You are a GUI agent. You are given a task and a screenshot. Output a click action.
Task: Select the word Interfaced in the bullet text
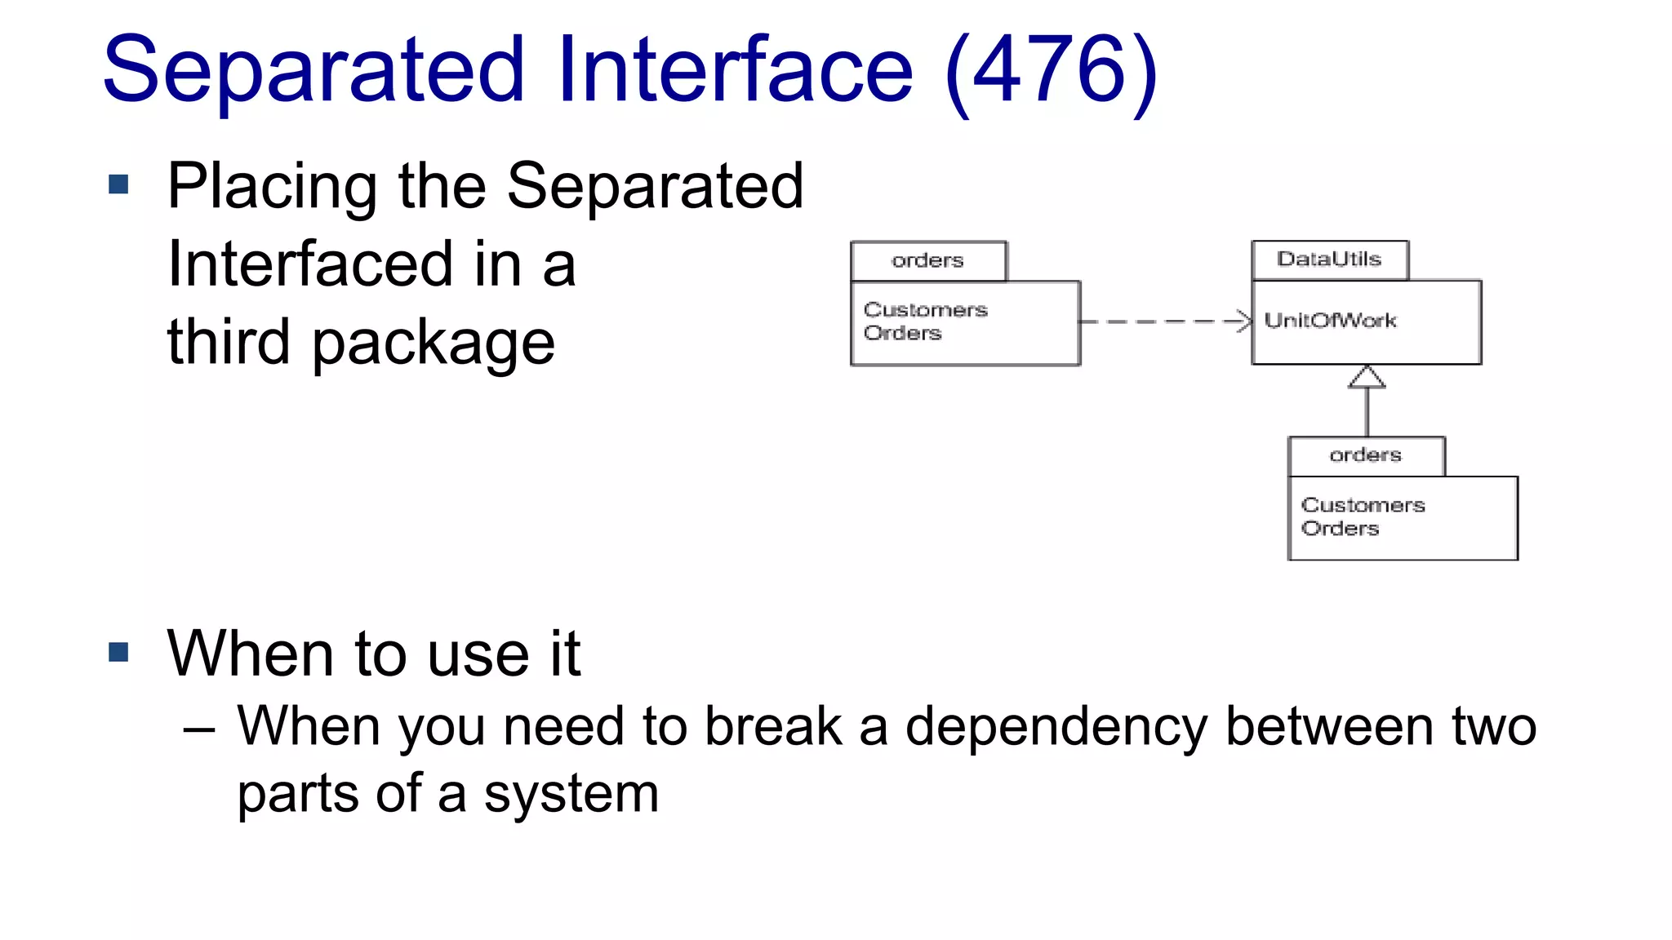coord(310,264)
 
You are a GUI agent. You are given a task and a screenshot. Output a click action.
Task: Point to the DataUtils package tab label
coord(1328,259)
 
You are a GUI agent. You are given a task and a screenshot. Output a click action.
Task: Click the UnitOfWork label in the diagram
coord(1330,321)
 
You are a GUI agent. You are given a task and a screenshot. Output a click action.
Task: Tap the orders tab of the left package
coord(927,261)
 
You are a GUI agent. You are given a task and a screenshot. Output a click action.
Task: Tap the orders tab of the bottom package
coord(1365,455)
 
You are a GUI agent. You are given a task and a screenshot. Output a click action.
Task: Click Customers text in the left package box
coord(925,310)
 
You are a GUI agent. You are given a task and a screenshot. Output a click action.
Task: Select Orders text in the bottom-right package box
coord(1340,529)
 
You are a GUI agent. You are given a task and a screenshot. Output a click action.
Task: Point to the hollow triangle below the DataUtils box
coord(1367,378)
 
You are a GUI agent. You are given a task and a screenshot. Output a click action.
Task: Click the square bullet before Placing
coord(119,184)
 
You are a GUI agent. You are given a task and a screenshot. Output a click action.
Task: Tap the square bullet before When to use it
coord(119,652)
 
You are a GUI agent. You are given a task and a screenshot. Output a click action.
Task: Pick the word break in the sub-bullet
coord(772,727)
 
